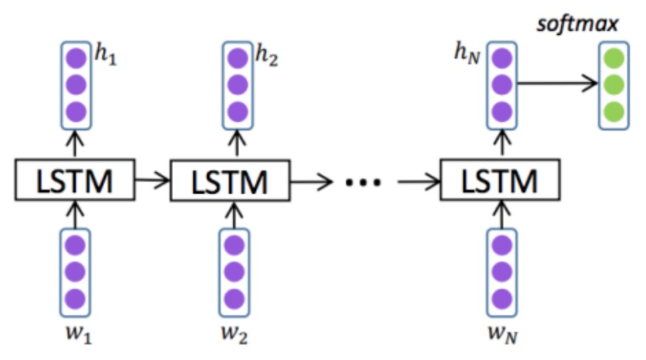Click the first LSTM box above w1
(74, 181)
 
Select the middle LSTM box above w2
(228, 181)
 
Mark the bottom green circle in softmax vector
(614, 112)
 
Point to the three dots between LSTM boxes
(364, 182)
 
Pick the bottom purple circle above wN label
(502, 297)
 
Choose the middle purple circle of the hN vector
(502, 85)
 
